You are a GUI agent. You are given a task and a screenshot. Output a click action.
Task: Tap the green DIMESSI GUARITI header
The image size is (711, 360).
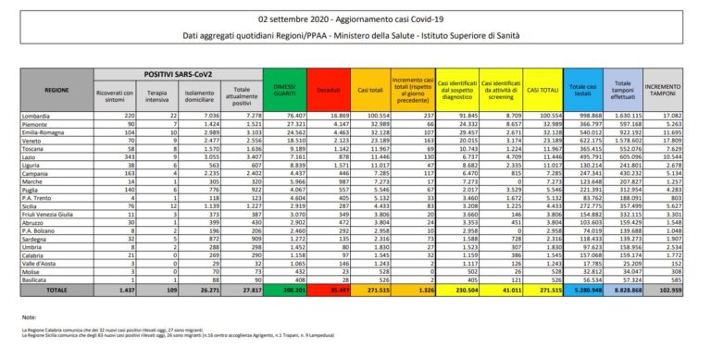[287, 90]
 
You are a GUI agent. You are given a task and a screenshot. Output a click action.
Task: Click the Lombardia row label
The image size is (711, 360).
[39, 113]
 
